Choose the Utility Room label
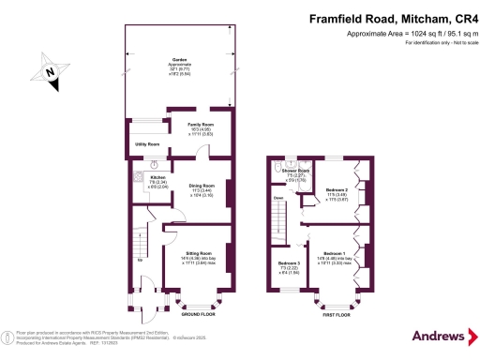coord(147,143)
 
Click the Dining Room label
coord(202,186)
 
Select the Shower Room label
coord(297,170)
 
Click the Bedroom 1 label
coord(335,254)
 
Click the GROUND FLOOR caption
coord(196,315)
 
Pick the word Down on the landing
coord(278,198)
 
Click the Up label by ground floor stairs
coord(141,260)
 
